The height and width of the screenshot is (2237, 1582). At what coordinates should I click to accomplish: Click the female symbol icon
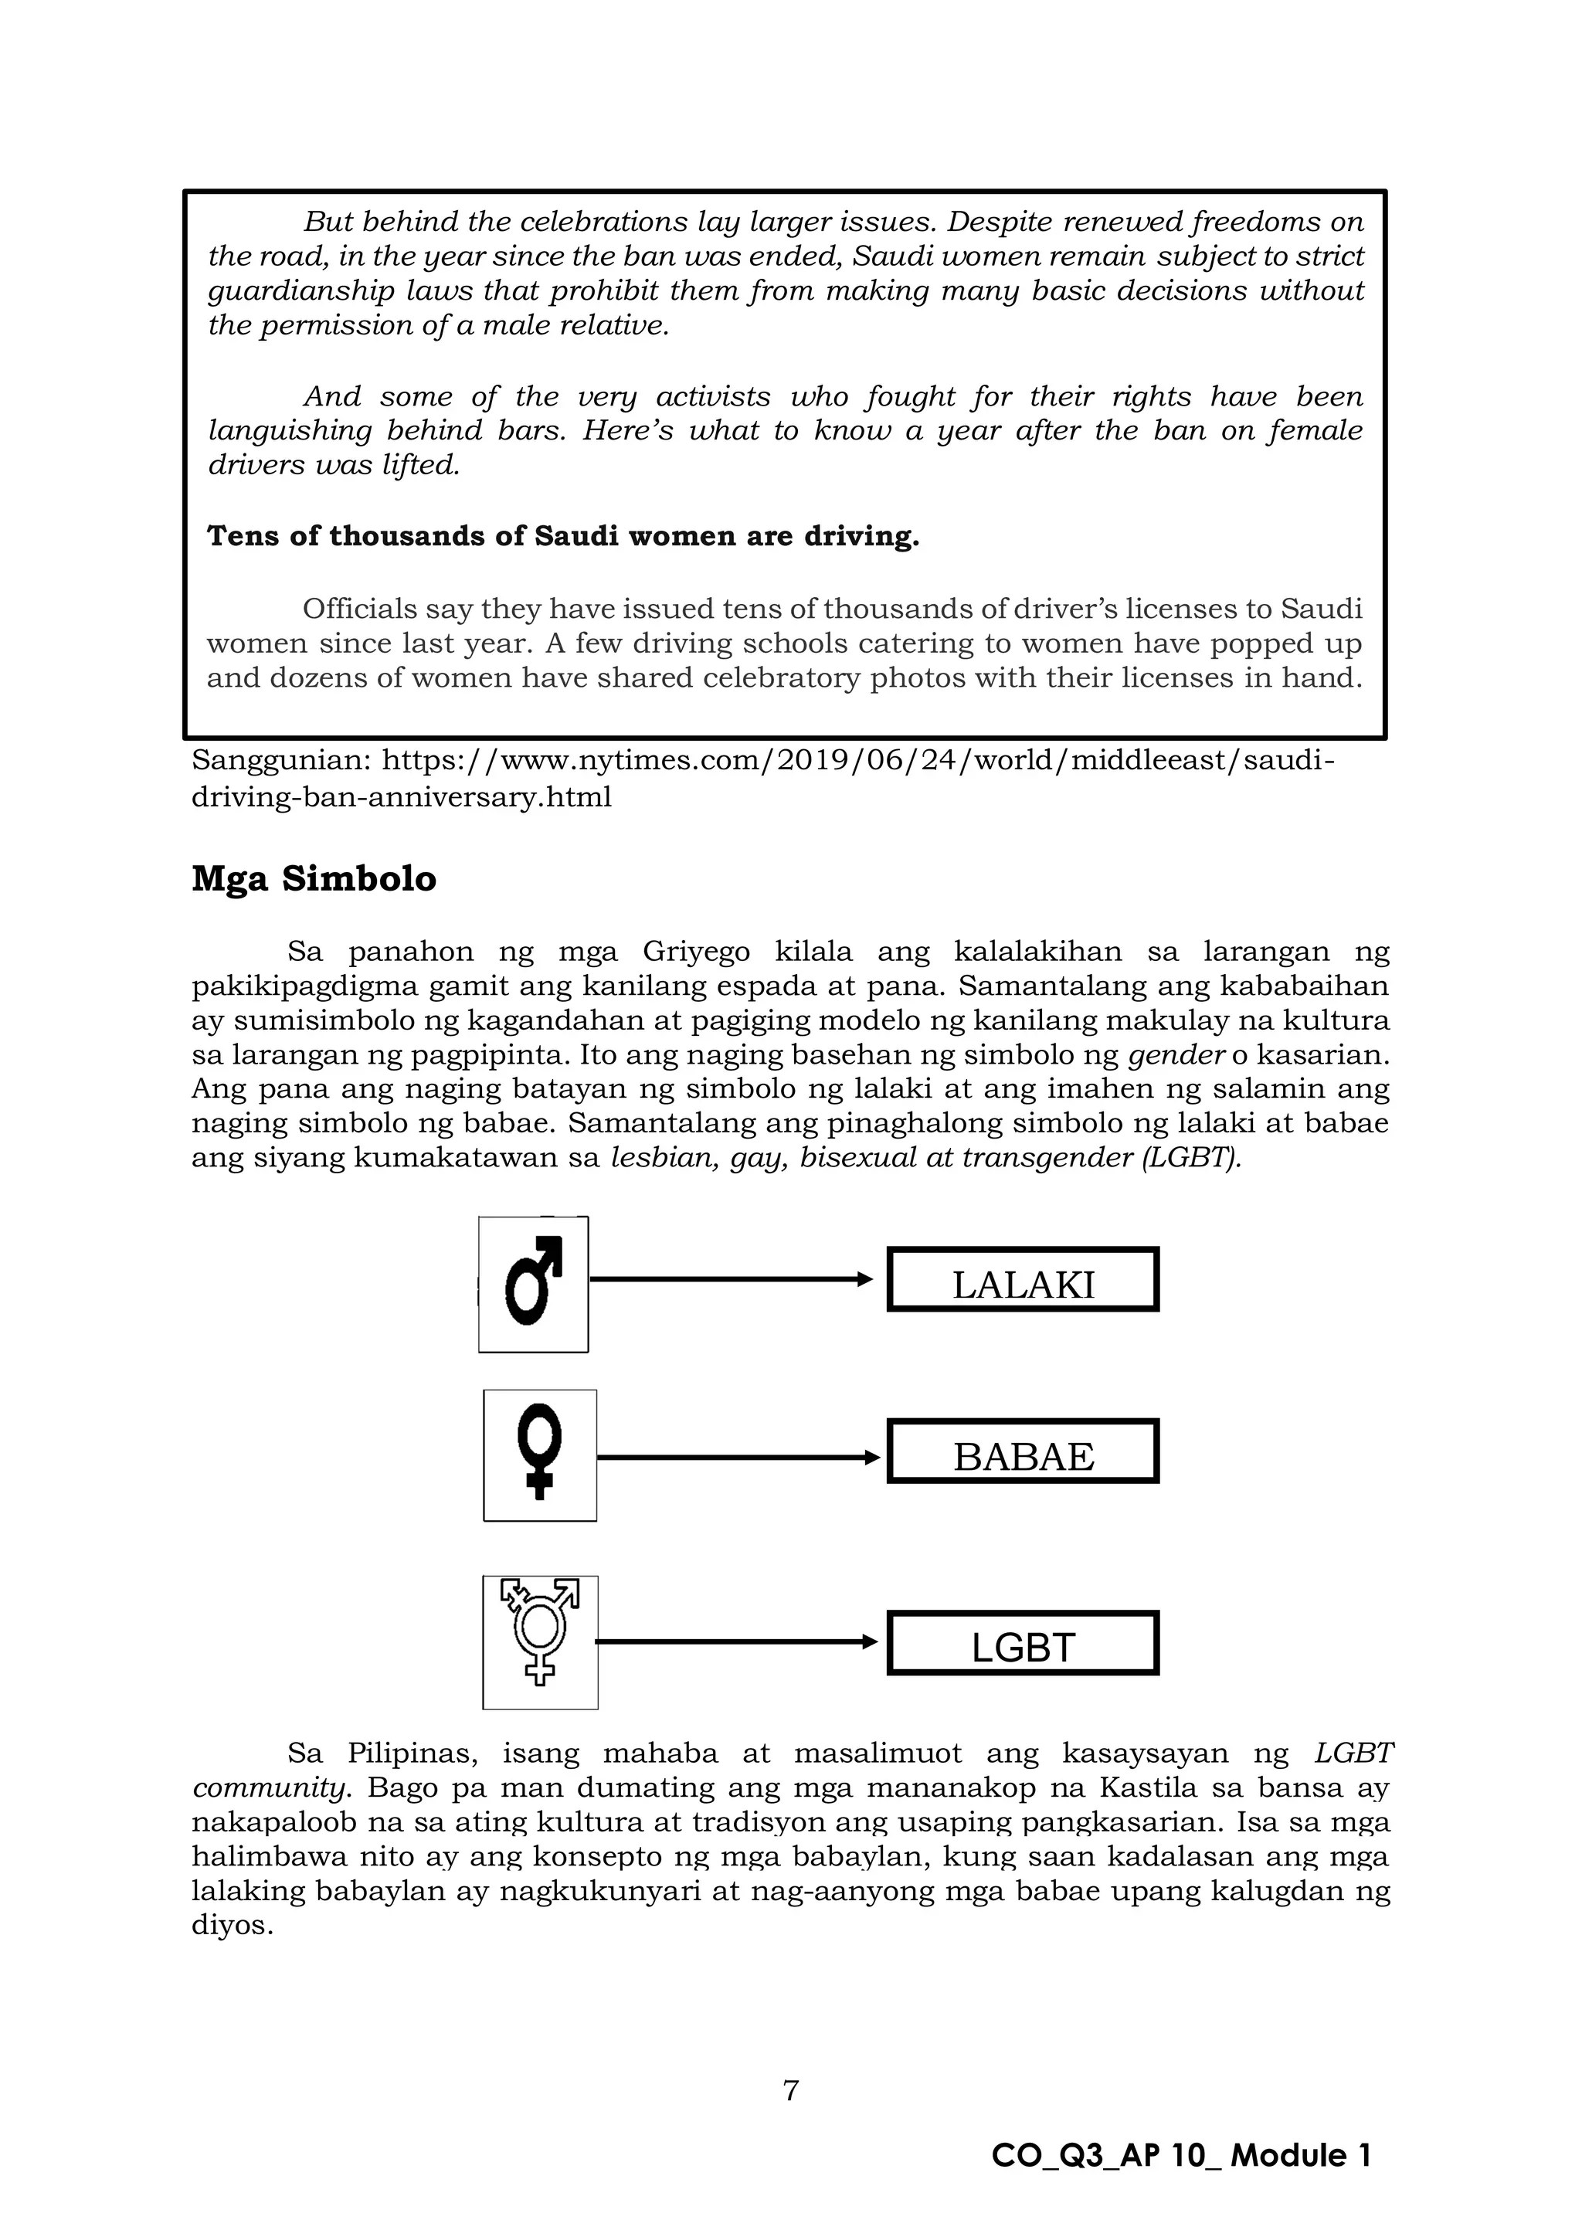[540, 1455]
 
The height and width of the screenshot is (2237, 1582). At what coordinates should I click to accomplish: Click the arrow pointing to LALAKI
[731, 1279]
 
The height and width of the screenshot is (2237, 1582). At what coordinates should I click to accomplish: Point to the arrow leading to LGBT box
[735, 1641]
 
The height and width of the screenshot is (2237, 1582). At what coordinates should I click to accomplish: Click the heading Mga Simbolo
[314, 879]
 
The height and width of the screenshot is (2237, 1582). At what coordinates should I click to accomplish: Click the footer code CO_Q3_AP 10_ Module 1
[1180, 2156]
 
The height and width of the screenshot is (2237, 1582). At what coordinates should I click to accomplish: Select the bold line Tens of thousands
[563, 537]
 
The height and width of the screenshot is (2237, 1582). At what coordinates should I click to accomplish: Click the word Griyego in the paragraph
[695, 952]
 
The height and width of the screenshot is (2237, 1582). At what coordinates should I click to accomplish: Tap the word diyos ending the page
[232, 1925]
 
